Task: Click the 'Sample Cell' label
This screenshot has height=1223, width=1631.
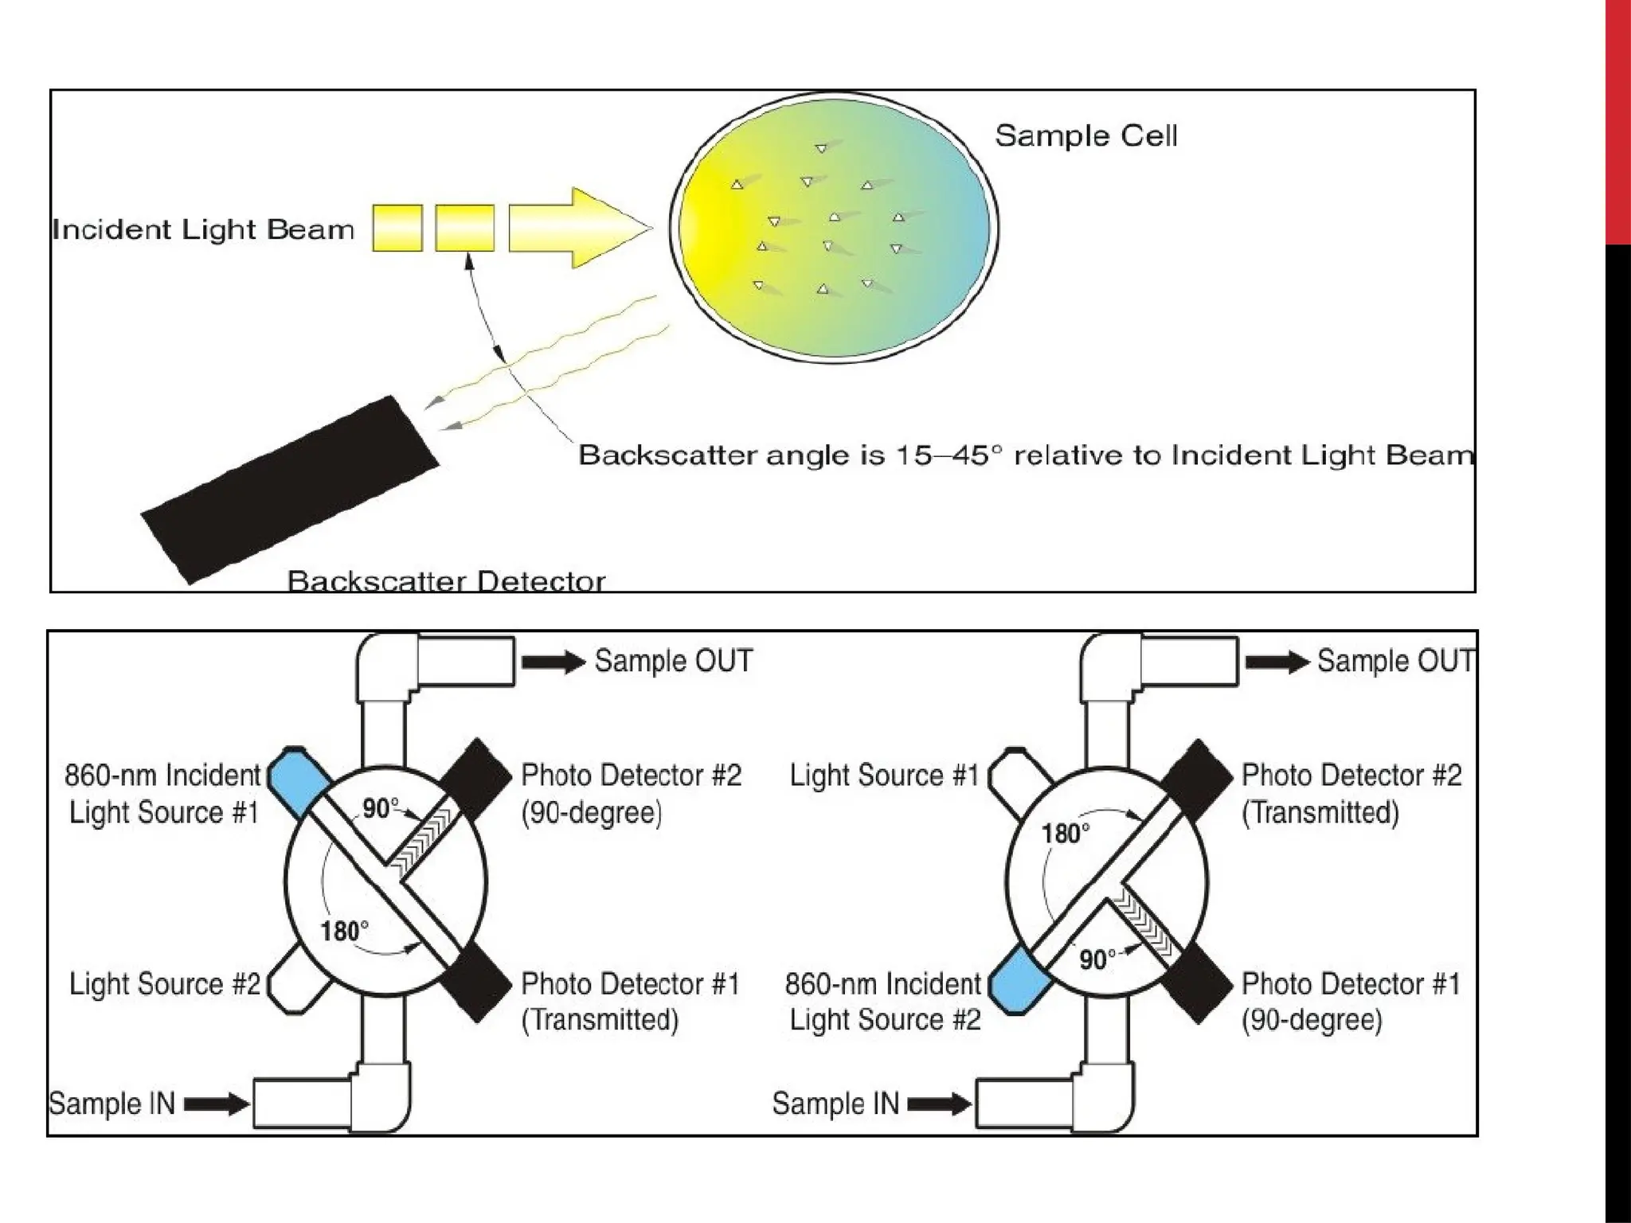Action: [x=1085, y=136]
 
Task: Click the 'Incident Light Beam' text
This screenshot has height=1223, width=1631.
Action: [x=203, y=230]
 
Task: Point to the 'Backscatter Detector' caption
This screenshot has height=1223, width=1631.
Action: [x=446, y=580]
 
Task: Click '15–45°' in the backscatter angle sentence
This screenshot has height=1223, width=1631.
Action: [x=948, y=455]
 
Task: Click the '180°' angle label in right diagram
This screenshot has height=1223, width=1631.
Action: [x=1066, y=834]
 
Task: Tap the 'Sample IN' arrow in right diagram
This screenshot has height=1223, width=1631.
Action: [x=940, y=1104]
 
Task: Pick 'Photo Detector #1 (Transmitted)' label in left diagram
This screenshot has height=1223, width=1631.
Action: [x=629, y=1002]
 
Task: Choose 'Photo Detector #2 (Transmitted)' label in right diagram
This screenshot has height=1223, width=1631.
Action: [x=1351, y=793]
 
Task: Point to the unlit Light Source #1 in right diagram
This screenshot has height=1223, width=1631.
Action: [x=1019, y=781]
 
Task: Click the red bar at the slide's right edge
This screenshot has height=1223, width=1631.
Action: [x=1617, y=119]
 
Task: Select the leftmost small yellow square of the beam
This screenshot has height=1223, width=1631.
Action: [x=397, y=229]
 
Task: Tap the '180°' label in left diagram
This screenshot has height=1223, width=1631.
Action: [x=344, y=931]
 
